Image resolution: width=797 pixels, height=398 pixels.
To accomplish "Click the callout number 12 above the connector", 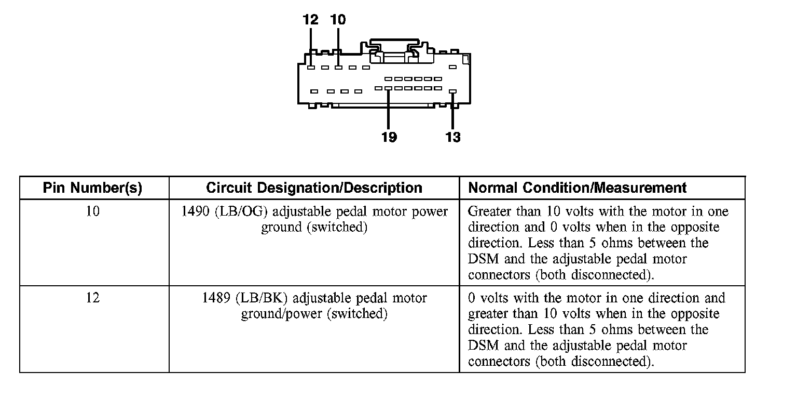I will click(310, 20).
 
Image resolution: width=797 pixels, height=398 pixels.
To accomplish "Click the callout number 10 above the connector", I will click(338, 20).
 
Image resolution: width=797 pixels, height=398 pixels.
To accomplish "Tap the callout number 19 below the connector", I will click(389, 137).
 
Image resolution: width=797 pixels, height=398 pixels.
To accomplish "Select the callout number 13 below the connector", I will click(453, 137).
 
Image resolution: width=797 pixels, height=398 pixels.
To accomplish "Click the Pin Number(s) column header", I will click(92, 188).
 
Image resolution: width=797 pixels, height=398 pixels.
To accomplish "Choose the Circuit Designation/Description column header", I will click(314, 188).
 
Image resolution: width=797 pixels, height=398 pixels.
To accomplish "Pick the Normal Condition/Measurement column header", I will click(577, 188).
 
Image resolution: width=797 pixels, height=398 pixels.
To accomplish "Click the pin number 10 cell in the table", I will click(92, 212).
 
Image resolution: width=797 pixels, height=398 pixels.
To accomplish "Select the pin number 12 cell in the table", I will click(92, 298).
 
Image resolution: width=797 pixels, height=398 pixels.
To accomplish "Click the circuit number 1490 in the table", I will click(195, 212).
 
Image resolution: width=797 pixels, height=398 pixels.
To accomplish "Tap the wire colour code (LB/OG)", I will click(240, 212).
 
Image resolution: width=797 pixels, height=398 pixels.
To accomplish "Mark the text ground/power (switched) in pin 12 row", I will click(314, 314).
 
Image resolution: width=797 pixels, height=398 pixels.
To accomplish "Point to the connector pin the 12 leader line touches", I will click(310, 67).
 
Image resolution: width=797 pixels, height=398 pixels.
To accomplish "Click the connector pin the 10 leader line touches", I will click(338, 67).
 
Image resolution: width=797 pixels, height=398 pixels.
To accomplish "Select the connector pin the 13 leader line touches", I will click(452, 91).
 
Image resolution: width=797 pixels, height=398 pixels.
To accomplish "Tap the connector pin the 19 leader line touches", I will click(388, 88).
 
